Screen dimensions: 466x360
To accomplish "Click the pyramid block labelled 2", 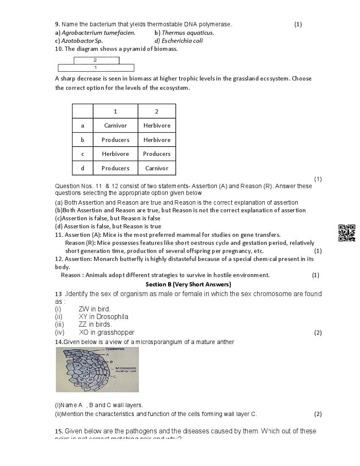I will click(95, 61).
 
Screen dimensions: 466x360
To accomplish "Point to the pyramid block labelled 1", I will click(96, 68).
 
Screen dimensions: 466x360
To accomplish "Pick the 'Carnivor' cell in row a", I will click(115, 125).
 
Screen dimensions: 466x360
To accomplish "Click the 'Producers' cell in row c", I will click(157, 154).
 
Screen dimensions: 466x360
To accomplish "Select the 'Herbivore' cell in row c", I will click(115, 154).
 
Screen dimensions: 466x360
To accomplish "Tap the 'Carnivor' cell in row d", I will click(157, 168).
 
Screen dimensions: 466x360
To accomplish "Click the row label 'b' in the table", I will click(83, 140).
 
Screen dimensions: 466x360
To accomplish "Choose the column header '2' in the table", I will click(157, 111).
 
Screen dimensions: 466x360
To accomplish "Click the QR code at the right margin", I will click(346, 233).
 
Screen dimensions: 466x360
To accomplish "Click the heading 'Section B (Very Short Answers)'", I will click(188, 284).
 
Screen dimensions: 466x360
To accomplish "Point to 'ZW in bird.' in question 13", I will click(94, 309).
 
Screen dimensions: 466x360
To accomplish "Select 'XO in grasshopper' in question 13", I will click(106, 333).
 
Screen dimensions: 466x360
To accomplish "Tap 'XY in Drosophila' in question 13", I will click(103, 316).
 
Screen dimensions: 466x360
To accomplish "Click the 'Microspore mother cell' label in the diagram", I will click(125, 369).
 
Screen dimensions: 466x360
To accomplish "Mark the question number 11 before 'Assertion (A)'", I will click(59, 235).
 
